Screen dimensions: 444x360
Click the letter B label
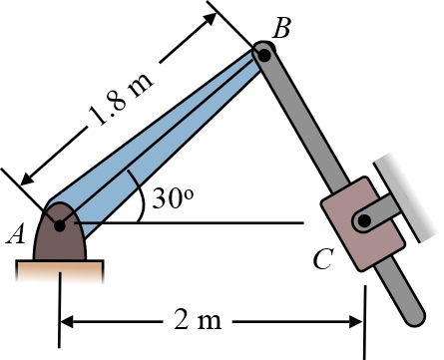281,28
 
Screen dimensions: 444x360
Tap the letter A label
16,234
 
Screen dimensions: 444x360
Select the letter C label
322,259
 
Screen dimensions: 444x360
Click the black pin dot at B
264,55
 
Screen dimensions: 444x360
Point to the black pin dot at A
60,225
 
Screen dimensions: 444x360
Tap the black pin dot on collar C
364,220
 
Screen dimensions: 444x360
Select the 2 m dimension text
198,321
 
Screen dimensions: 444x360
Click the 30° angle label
173,199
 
